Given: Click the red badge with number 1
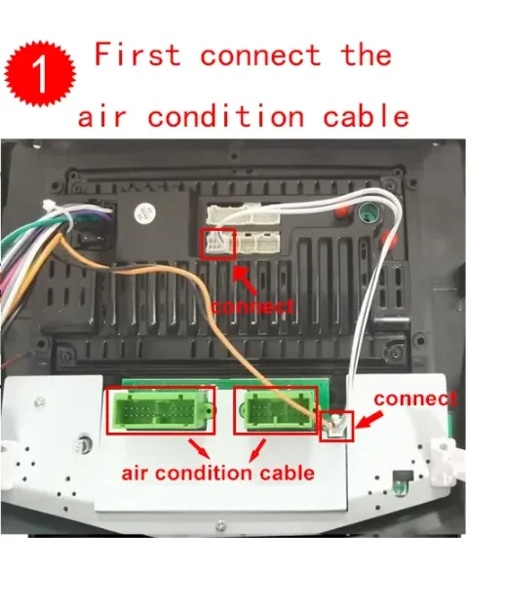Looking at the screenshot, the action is point(40,73).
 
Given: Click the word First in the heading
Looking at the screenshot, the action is point(137,55).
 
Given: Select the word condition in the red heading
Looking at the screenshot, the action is point(226,116).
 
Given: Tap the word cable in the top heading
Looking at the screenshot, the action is point(366,116).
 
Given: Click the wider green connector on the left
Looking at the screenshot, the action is point(161,410).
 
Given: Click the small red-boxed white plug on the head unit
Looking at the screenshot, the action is point(217,244).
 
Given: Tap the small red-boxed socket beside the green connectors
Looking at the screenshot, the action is point(336,426).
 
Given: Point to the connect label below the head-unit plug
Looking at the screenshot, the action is point(253,306).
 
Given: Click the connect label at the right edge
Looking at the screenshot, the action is point(415,399).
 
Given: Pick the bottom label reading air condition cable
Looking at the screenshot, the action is point(217,474).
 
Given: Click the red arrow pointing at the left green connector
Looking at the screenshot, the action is point(200,448).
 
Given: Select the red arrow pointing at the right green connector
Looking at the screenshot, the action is point(256,450).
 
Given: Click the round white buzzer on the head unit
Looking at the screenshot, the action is point(144,212).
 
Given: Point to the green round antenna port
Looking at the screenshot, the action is point(367,211).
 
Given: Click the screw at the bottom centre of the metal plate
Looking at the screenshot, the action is point(220,525).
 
